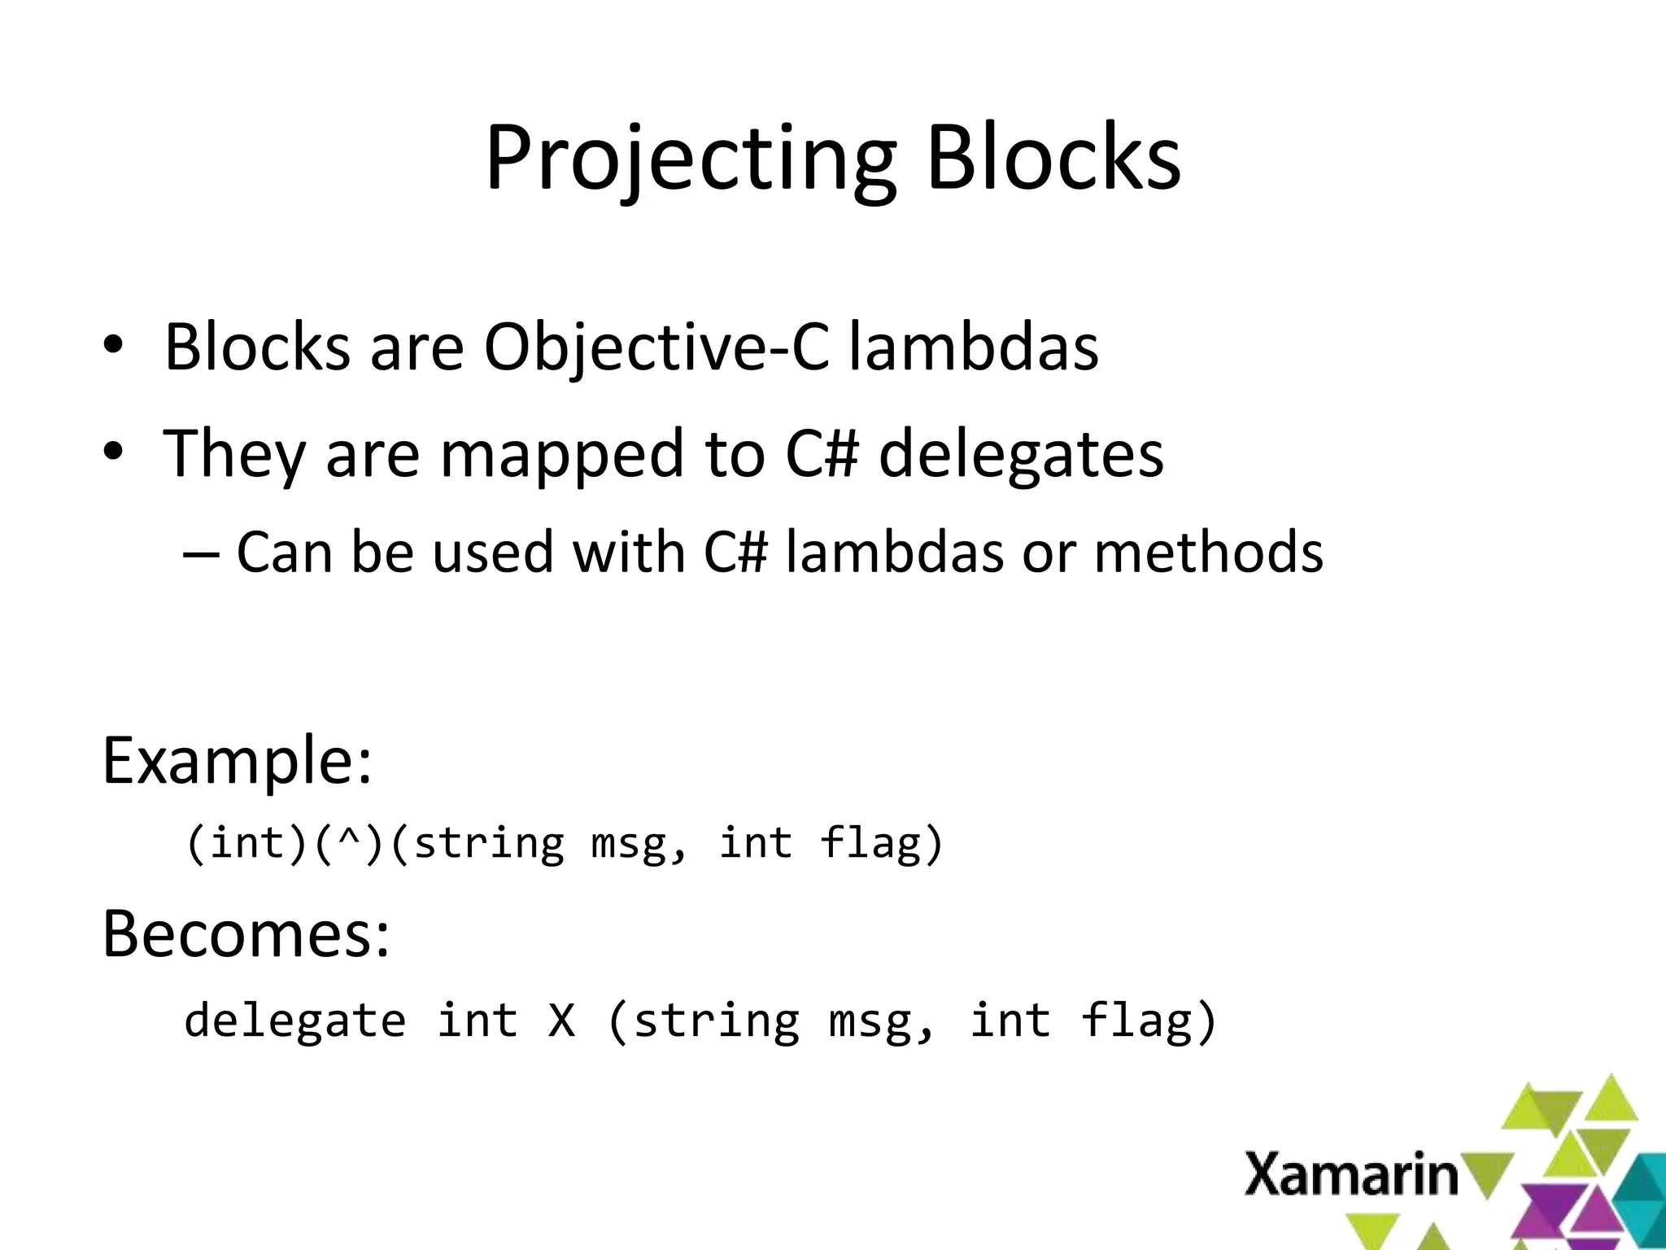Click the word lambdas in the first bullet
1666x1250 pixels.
click(973, 347)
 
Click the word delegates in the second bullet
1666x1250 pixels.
click(1021, 454)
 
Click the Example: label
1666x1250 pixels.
click(237, 761)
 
